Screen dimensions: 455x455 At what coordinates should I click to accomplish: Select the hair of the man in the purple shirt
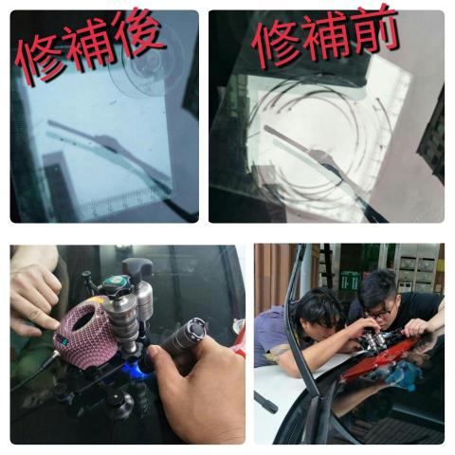[x=318, y=305]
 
